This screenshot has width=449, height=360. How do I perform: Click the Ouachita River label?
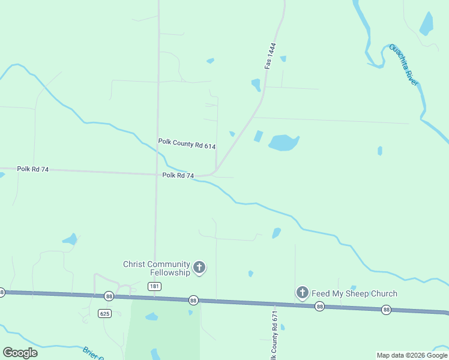click(x=403, y=64)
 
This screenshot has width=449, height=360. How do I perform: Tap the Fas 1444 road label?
click(x=271, y=55)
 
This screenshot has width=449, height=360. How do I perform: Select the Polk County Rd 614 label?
click(x=187, y=145)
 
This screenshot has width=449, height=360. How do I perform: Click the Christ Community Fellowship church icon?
click(x=199, y=268)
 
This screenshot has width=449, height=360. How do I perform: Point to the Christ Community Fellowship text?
click(x=157, y=268)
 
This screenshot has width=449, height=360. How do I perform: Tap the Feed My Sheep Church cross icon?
click(x=303, y=293)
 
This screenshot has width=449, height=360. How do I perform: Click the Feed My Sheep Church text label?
click(x=354, y=293)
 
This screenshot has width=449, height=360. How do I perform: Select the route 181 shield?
click(x=154, y=287)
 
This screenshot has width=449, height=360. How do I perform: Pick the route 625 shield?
click(x=104, y=313)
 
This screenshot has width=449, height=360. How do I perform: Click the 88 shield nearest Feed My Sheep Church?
click(x=320, y=306)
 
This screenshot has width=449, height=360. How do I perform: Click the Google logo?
click(x=20, y=353)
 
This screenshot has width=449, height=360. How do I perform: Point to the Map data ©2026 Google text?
click(x=412, y=355)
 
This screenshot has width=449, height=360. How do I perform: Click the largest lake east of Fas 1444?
click(x=283, y=142)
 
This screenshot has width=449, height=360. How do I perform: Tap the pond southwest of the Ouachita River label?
click(x=380, y=151)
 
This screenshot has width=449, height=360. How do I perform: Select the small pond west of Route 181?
click(x=70, y=239)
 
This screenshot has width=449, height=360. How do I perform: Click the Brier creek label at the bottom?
click(x=90, y=352)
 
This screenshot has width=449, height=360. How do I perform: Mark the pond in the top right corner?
click(x=427, y=23)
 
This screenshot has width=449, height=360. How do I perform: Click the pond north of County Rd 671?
click(x=276, y=233)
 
